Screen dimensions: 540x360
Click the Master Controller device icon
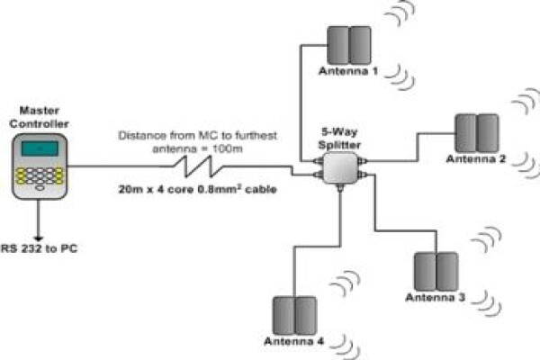40,166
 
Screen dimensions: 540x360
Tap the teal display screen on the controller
40,148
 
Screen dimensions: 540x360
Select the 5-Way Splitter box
340,167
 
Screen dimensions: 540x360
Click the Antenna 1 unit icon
349,45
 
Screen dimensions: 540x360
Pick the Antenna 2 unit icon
477,133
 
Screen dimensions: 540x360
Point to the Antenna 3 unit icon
436,272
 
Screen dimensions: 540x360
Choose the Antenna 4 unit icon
295,316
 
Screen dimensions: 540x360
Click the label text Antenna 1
348,71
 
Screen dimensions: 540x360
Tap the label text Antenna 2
476,159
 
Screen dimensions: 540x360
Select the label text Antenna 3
436,297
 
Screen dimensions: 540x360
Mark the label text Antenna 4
293,341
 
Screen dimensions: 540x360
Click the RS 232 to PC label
40,248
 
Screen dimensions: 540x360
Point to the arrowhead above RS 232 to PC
38,238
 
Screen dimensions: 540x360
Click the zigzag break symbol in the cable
199,166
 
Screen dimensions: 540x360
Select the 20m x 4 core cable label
197,189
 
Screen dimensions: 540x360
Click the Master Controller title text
40,117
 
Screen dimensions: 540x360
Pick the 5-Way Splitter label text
339,138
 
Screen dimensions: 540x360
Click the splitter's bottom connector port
340,188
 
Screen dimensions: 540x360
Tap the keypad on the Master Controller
40,176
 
